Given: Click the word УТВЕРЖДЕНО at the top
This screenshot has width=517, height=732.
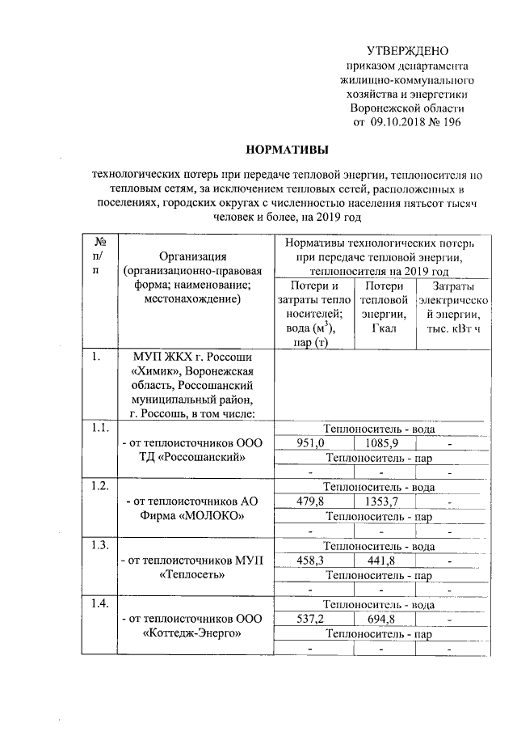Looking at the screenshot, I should [x=407, y=51].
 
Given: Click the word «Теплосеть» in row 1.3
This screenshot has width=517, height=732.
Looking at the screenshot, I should [x=193, y=575].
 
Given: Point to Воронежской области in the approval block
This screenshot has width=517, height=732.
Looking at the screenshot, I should [x=407, y=108].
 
